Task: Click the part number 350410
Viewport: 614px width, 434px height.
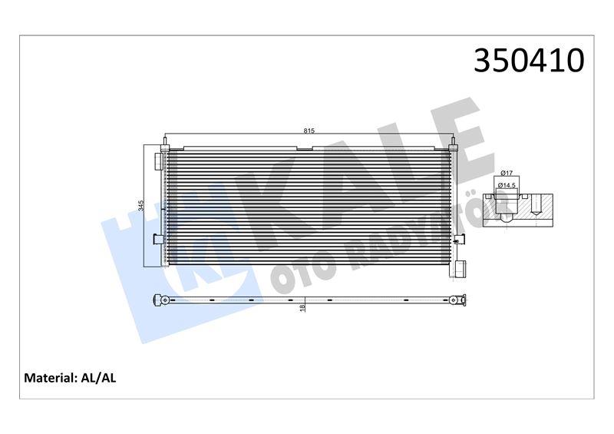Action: [x=529, y=61]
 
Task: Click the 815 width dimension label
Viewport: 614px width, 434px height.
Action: [x=309, y=131]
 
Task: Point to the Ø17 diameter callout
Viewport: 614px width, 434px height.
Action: [x=507, y=174]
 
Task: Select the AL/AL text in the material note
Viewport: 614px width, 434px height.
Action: [x=98, y=378]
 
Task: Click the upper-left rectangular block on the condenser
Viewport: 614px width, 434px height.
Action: [x=159, y=161]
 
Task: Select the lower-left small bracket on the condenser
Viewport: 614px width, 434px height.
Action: [x=158, y=239]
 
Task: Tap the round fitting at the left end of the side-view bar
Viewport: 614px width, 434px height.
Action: [x=160, y=299]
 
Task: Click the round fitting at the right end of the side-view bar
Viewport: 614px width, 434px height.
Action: [x=456, y=299]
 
